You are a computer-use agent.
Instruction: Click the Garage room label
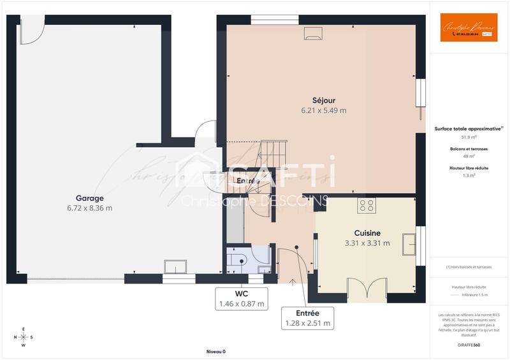click(89, 198)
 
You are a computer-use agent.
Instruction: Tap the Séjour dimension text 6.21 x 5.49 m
click(324, 110)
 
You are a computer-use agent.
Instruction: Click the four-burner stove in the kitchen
click(367, 205)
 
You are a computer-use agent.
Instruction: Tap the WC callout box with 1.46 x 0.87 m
click(242, 299)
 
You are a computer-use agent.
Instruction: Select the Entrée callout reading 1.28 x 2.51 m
click(308, 318)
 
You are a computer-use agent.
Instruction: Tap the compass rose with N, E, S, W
click(24, 337)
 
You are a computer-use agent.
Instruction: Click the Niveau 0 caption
click(215, 352)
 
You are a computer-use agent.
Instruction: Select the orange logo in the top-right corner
click(469, 28)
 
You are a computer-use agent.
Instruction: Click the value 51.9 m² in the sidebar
click(469, 137)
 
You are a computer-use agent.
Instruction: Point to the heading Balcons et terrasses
click(469, 148)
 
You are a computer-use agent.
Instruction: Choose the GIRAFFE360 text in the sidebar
click(469, 344)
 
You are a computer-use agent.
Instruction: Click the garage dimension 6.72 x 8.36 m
click(89, 208)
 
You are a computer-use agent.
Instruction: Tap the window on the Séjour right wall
click(419, 92)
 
